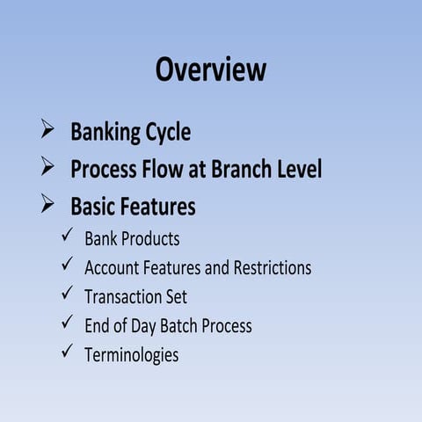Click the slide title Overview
coord(211,69)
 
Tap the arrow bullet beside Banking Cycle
coord(48,132)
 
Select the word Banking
coord(106,133)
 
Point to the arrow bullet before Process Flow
coord(48,167)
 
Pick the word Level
coord(298,168)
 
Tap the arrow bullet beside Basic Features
coord(48,205)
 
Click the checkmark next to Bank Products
coord(68,236)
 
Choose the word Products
coord(150,239)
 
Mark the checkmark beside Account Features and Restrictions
coord(68,265)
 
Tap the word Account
coord(112,267)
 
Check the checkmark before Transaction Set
coord(68,294)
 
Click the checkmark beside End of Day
coord(68,323)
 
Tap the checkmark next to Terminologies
coord(68,352)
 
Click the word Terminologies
coord(131,355)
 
